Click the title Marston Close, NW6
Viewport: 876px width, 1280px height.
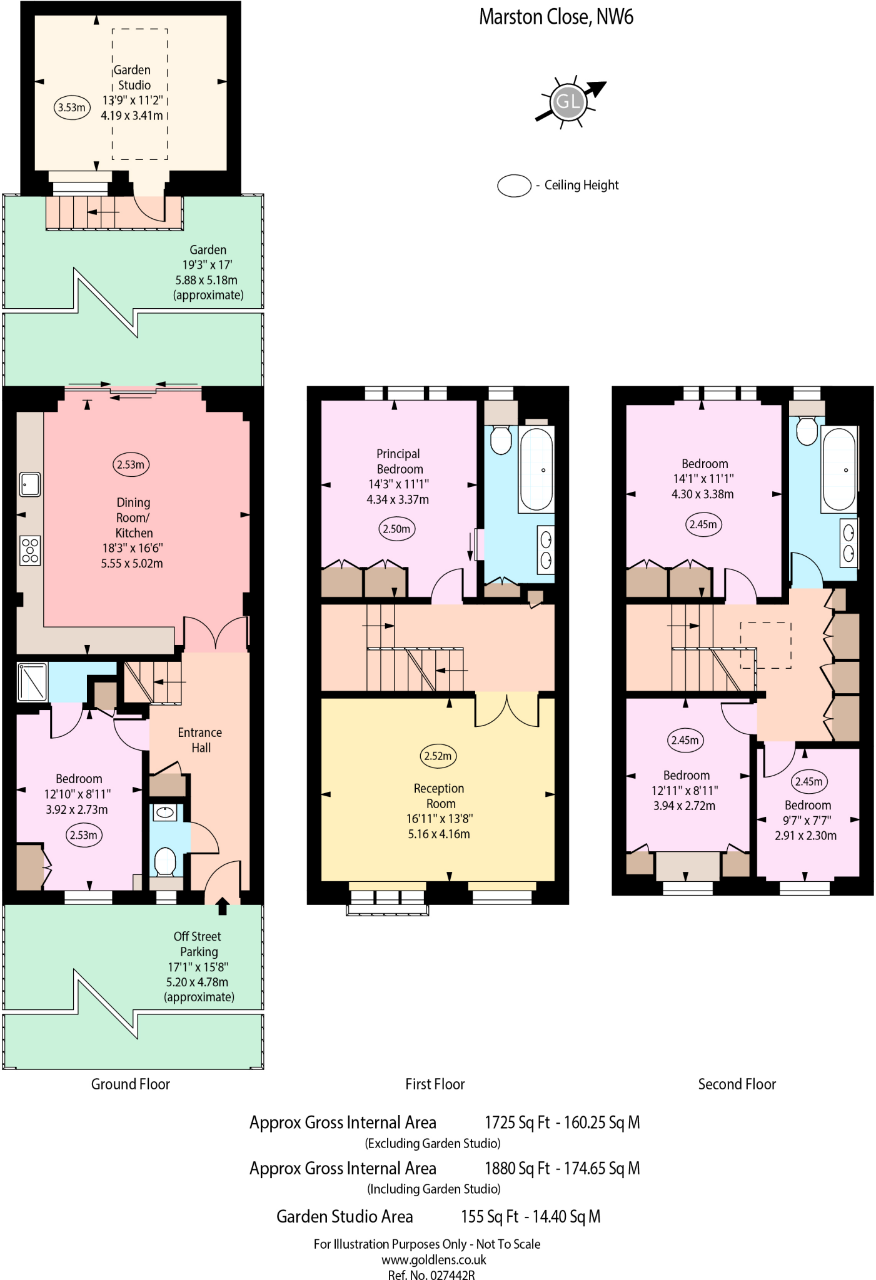tap(556, 17)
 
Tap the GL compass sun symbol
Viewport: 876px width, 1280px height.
tap(568, 101)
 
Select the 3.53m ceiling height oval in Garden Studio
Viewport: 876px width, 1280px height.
tap(72, 107)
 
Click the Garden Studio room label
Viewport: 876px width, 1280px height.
tap(133, 77)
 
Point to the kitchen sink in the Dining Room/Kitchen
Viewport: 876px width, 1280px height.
tap(29, 484)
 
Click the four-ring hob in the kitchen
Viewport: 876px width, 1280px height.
tap(30, 551)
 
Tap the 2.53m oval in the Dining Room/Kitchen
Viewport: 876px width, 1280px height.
tap(131, 464)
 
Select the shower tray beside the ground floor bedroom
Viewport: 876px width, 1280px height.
tap(33, 682)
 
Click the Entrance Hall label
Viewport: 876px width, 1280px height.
tap(200, 740)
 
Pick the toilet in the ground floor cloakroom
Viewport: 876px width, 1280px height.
tap(166, 861)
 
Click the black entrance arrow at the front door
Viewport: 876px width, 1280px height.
tap(222, 906)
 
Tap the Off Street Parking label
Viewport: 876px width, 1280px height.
tap(198, 944)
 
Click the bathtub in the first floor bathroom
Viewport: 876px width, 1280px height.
tap(536, 469)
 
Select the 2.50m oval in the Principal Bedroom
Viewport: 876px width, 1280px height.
tap(396, 529)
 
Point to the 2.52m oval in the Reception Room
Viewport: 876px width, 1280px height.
tap(438, 756)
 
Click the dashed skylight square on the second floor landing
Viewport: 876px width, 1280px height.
tap(765, 645)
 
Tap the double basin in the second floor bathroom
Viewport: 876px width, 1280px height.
tap(848, 542)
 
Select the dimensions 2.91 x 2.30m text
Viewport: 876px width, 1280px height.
tap(805, 836)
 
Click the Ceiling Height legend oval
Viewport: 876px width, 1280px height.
tap(514, 186)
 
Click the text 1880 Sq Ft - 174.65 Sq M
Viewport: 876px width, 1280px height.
tap(561, 1168)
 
